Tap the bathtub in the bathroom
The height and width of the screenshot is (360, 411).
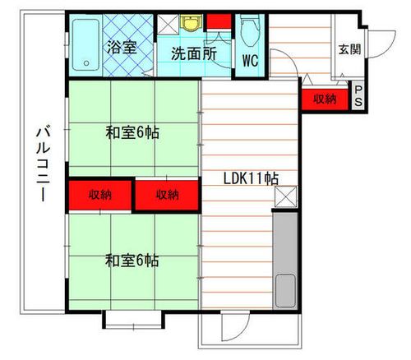[85, 44]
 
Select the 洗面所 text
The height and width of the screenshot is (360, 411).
[194, 55]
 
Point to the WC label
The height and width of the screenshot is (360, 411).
[251, 60]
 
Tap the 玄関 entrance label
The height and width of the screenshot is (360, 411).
[349, 49]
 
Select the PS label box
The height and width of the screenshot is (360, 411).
[359, 97]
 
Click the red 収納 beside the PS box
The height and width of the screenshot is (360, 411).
[325, 98]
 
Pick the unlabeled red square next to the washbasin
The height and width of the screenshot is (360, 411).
[218, 22]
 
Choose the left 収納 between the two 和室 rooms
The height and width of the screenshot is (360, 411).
[100, 195]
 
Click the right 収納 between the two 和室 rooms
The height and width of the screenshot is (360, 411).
[168, 195]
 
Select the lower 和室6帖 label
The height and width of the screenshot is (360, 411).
[132, 261]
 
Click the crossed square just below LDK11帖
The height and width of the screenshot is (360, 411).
[285, 196]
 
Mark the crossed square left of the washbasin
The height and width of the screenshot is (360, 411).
[168, 24]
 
